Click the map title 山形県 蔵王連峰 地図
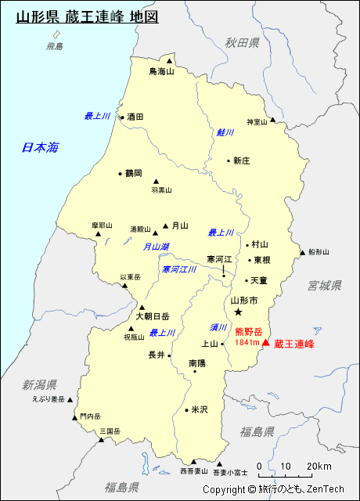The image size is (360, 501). tap(87, 16)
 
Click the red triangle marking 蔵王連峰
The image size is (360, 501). tap(266, 343)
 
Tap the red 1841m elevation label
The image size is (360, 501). tap(247, 343)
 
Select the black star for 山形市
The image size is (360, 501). tap(239, 312)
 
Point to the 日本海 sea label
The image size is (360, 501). tap(41, 147)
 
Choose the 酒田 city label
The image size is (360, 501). tap(135, 117)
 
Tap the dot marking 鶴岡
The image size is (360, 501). tap(120, 174)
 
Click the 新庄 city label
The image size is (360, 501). tap(241, 160)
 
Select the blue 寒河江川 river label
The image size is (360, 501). tap(179, 269)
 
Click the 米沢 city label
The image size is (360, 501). tap(200, 409)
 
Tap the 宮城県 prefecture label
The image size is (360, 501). tap(325, 286)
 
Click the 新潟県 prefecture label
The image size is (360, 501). tap(40, 384)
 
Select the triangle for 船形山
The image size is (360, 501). tap(302, 253)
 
